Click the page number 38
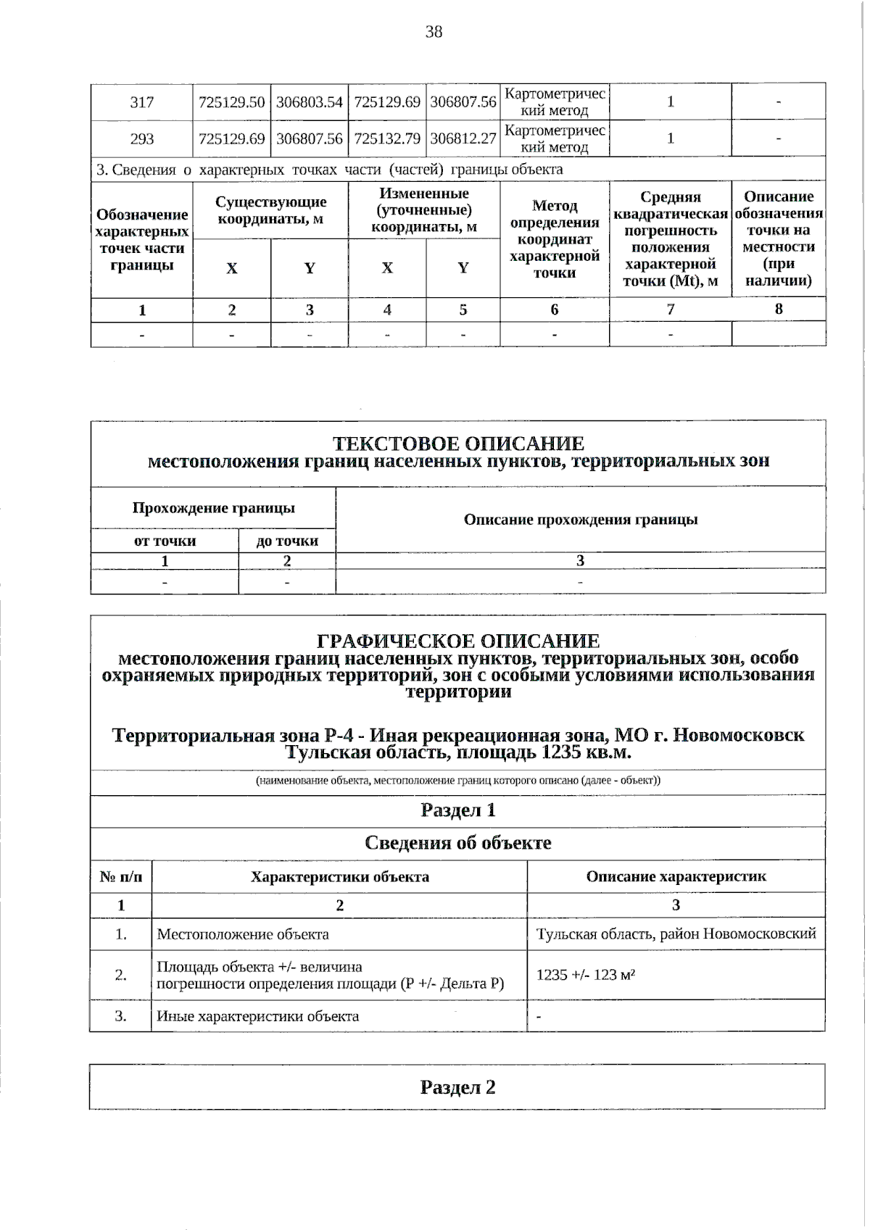(434, 32)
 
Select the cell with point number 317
(142, 101)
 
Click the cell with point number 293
(142, 138)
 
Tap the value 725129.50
(232, 101)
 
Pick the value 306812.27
(463, 138)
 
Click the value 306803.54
(310, 101)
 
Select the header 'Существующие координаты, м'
(271, 209)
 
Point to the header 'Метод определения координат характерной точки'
(555, 239)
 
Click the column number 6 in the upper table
(555, 309)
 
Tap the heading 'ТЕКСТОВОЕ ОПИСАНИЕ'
(458, 443)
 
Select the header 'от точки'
(165, 541)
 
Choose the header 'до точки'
(287, 541)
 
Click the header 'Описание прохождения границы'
(581, 519)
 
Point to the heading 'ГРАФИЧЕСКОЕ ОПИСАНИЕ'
(458, 641)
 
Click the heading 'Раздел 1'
(458, 810)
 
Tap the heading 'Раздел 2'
(458, 1086)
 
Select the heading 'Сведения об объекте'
(458, 842)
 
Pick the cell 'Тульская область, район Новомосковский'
(676, 934)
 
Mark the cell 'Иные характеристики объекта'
(258, 1015)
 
